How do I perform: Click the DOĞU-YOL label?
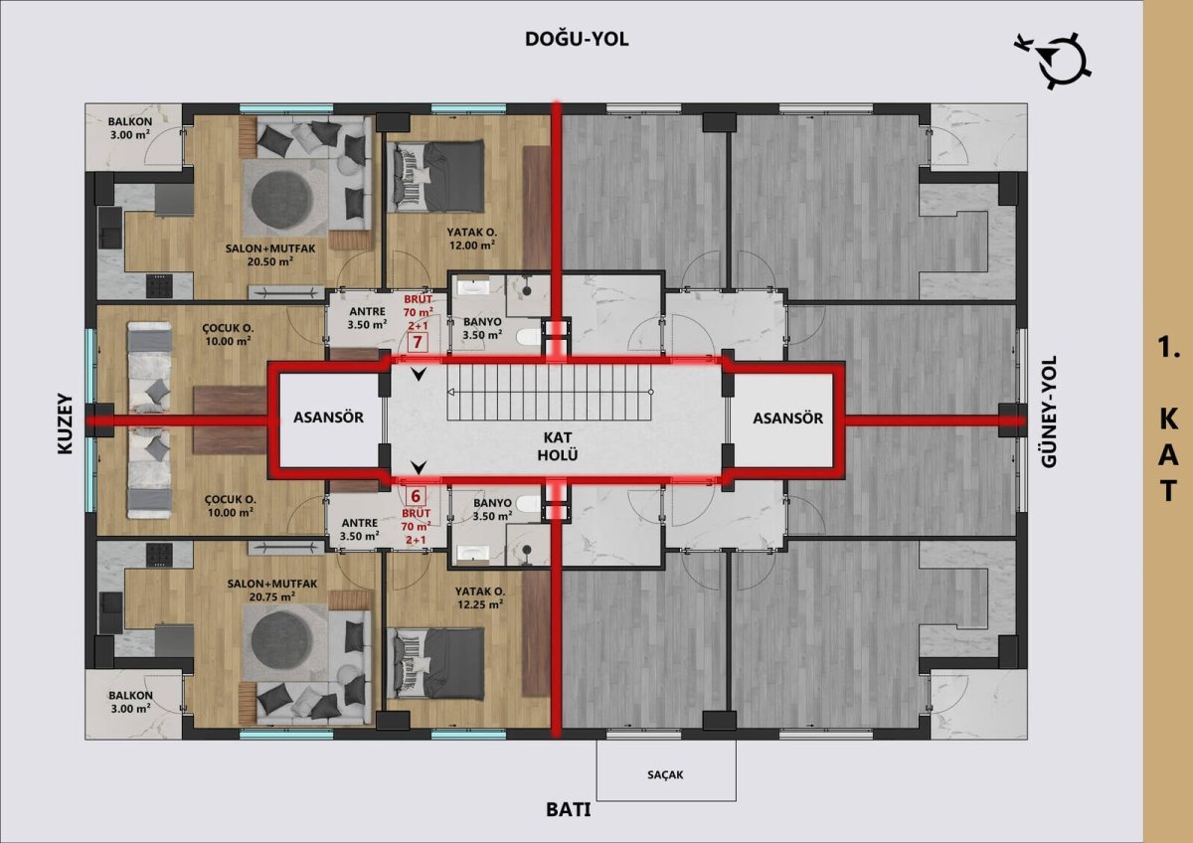pyautogui.click(x=577, y=39)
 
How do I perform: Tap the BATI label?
pyautogui.click(x=569, y=810)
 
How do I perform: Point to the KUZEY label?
pyautogui.click(x=65, y=423)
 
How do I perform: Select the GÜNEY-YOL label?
pyautogui.click(x=1049, y=412)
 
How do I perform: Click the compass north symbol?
pyautogui.click(x=1053, y=62)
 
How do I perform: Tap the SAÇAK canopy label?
pyautogui.click(x=665, y=774)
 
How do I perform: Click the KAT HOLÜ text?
pyautogui.click(x=558, y=446)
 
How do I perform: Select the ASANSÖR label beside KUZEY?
pyautogui.click(x=328, y=418)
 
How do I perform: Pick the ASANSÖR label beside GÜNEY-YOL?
pyautogui.click(x=787, y=419)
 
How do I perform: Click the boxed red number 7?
pyautogui.click(x=418, y=341)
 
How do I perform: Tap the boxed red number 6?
pyautogui.click(x=416, y=496)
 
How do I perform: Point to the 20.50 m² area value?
pyautogui.click(x=270, y=261)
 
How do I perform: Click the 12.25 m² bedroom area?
pyautogui.click(x=480, y=604)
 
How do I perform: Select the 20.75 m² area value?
pyautogui.click(x=271, y=597)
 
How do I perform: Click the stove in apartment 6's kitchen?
pyautogui.click(x=159, y=555)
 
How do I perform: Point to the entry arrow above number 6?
pyautogui.click(x=420, y=467)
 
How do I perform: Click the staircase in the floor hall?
pyautogui.click(x=550, y=393)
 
